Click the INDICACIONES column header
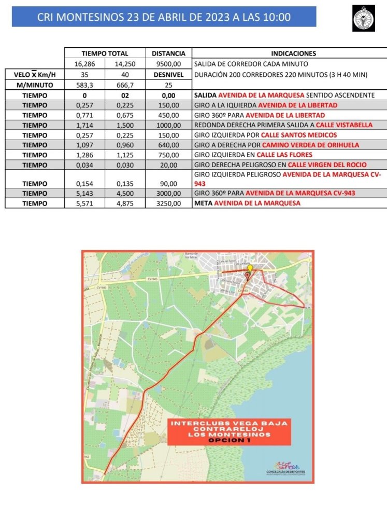click(x=293, y=53)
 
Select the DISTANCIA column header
click(x=168, y=53)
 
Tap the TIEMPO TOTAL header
click(x=105, y=53)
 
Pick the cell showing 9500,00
click(x=168, y=64)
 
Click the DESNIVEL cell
click(x=168, y=74)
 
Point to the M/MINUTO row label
click(x=35, y=85)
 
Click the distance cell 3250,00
click(x=168, y=203)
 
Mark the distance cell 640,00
click(x=168, y=145)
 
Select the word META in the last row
click(x=203, y=203)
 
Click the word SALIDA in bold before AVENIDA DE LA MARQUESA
click(x=205, y=96)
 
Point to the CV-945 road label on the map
click(x=166, y=279)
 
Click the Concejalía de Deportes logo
click(x=285, y=467)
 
